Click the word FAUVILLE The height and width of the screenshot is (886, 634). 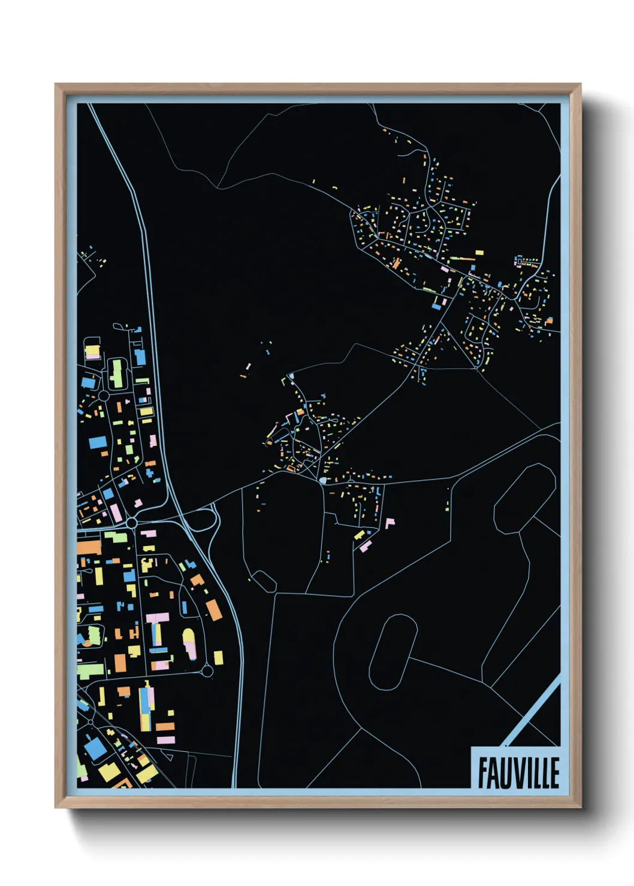coord(519,772)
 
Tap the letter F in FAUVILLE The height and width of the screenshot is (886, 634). coord(483,772)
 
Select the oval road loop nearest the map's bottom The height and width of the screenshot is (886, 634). coord(393,653)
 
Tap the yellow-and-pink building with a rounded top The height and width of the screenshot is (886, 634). coord(189,642)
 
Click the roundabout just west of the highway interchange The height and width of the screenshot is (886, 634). coord(132,523)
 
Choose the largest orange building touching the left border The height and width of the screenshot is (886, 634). coord(89,547)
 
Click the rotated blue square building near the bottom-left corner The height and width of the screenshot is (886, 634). coord(95,748)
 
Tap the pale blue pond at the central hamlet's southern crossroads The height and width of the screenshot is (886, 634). coord(323,480)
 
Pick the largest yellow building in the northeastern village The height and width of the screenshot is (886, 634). coord(479,253)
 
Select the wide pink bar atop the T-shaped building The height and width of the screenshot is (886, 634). coord(158,617)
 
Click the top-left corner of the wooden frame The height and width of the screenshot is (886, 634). coord(56,85)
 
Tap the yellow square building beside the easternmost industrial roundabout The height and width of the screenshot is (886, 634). coord(218,657)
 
